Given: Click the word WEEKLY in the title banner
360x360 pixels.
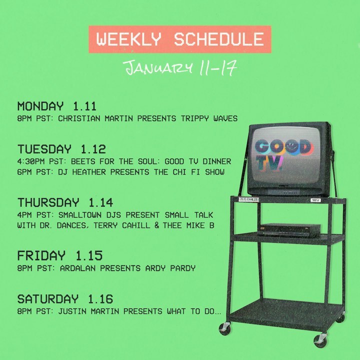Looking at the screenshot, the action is pos(128,39).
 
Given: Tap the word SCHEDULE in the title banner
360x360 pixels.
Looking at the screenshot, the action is pos(219,39).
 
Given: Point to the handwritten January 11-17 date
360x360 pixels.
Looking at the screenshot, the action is pos(180,67).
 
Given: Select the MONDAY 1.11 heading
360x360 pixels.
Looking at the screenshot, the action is pos(56,106).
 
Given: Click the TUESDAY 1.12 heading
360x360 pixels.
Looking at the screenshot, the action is pos(61,149).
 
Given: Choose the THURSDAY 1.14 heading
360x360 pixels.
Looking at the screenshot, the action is pos(65,202).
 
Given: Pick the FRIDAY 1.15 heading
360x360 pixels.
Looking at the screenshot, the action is pos(60,256).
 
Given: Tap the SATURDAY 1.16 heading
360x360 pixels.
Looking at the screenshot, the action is pos(65,299).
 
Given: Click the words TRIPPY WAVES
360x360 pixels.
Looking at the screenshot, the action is pos(209,118).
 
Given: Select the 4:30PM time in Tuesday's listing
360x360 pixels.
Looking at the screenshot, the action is pos(31,161).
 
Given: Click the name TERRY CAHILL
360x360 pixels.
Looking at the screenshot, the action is pos(121,225).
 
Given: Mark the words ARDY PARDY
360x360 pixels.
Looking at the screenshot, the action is pos(170,268).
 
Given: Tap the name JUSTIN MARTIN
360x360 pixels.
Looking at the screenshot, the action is pos(88,311).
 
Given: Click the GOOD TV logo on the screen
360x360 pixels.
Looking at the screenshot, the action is pos(283,154).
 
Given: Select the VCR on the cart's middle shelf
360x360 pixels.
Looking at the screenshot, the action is pos(289,230).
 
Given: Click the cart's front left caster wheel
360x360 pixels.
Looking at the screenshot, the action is pos(225,329).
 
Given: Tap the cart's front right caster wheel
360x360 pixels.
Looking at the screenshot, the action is pos(320,340).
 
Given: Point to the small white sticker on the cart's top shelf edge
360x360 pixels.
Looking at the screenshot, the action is pos(315,200).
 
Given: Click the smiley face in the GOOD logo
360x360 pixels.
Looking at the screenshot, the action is pos(291,147).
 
